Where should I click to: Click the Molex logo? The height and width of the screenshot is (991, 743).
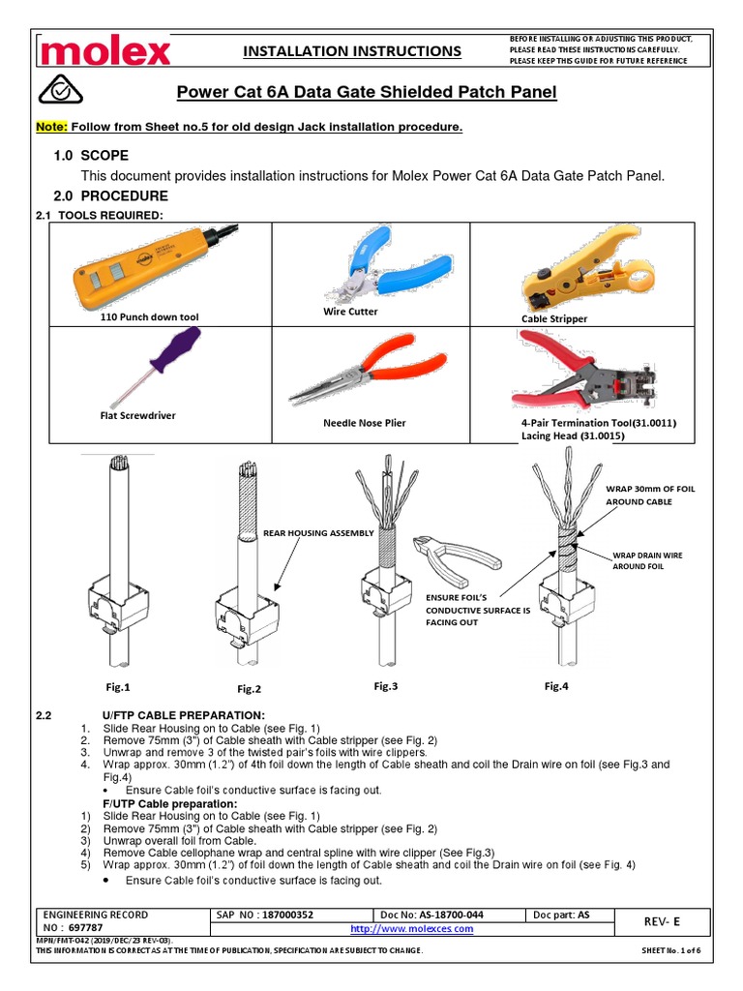pyautogui.click(x=104, y=50)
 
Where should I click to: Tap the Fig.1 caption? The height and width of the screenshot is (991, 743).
pyautogui.click(x=117, y=687)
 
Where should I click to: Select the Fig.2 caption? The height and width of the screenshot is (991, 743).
pyautogui.click(x=251, y=689)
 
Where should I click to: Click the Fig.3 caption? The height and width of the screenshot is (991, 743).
pyautogui.click(x=386, y=686)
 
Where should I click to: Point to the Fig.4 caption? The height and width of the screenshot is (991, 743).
pyautogui.click(x=556, y=686)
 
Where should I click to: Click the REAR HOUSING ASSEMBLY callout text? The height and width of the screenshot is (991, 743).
pyautogui.click(x=318, y=532)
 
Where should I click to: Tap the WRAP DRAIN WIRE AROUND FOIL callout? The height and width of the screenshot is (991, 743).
pyautogui.click(x=649, y=560)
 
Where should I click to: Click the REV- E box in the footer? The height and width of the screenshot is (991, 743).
pyautogui.click(x=660, y=921)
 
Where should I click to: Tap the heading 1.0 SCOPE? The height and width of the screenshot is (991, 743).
pyautogui.click(x=91, y=156)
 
